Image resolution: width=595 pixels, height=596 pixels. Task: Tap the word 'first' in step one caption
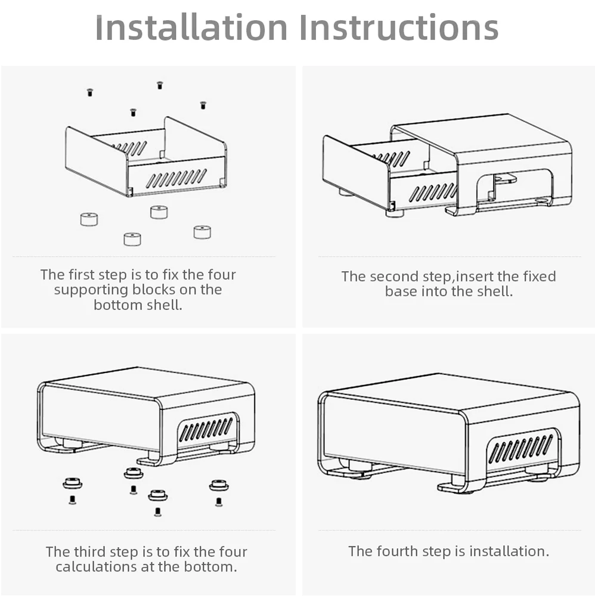(82, 274)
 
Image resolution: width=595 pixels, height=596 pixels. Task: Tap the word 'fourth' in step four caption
(398, 551)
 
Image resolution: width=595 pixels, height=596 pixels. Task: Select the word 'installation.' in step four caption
(510, 551)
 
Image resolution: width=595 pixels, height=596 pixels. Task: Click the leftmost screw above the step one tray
(89, 92)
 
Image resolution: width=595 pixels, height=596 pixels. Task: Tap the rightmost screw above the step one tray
(203, 105)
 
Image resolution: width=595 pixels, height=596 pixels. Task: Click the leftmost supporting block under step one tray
(89, 219)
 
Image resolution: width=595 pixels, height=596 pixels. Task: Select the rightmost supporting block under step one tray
(202, 232)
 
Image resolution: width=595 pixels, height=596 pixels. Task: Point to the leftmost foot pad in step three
(73, 483)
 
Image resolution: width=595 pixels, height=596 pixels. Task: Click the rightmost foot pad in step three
(219, 485)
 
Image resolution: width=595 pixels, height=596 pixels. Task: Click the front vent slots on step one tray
(177, 178)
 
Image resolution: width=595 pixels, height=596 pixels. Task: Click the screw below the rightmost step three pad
(219, 502)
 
